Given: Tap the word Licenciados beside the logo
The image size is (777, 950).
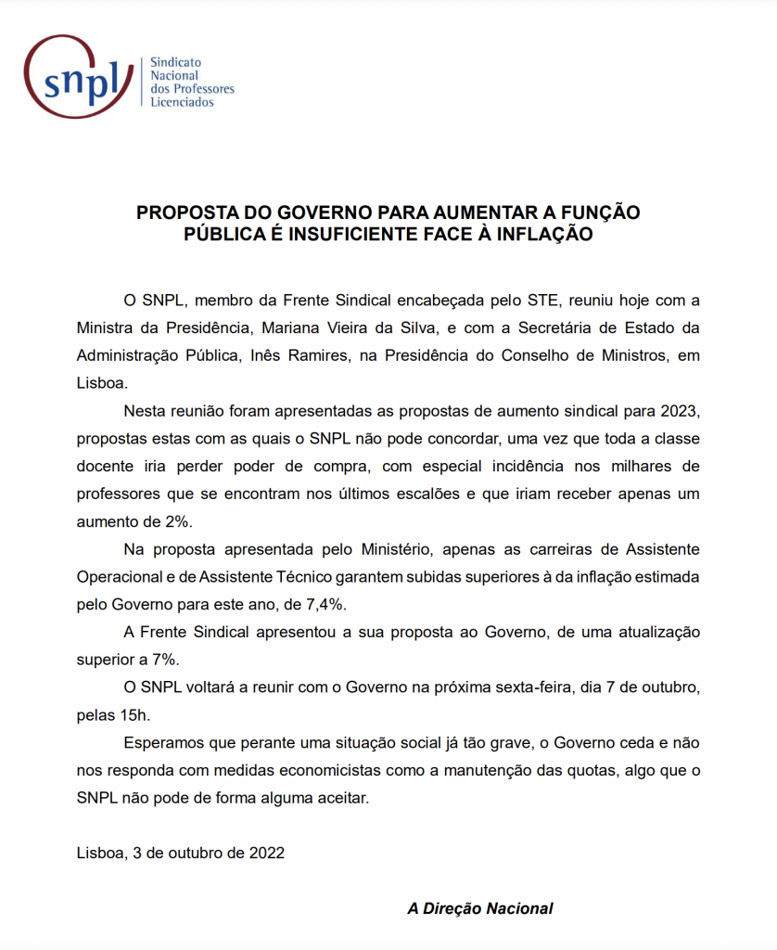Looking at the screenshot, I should (x=182, y=102).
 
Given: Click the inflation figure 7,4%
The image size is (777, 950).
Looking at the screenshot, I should (x=325, y=604).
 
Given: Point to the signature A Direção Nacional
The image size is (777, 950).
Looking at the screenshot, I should (x=479, y=908).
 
